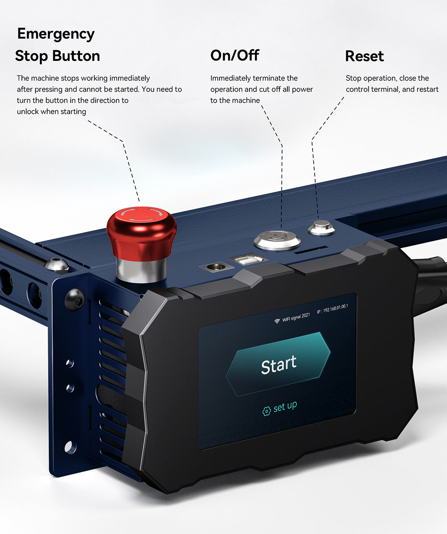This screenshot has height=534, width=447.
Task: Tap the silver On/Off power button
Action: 277,239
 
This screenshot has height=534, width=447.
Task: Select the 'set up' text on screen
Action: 285,406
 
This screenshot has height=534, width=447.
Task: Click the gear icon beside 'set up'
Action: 267,410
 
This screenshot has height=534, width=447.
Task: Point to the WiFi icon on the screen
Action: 277,321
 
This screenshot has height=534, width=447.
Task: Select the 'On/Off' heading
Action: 235,56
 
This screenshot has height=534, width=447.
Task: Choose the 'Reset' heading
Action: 364,56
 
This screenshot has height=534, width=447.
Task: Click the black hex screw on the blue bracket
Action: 75,299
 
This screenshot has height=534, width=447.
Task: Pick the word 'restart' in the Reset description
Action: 427,89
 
